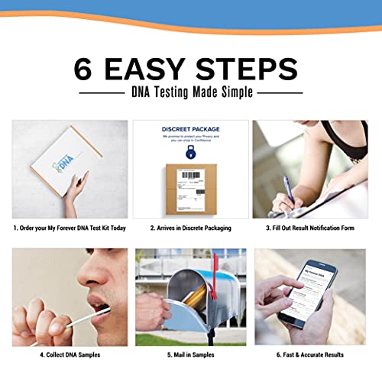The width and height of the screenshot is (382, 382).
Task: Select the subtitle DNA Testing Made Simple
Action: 191,92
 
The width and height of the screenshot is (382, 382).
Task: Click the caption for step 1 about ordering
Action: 70,228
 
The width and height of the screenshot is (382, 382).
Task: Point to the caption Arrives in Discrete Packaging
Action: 190,228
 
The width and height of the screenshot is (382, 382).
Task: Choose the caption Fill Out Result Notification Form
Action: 309,228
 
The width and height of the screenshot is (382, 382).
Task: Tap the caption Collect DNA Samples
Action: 70,354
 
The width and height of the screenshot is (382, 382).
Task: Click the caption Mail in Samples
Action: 190,354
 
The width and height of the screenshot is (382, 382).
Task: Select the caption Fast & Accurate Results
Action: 309,354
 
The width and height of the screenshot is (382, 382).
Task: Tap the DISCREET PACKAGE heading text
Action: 190,129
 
